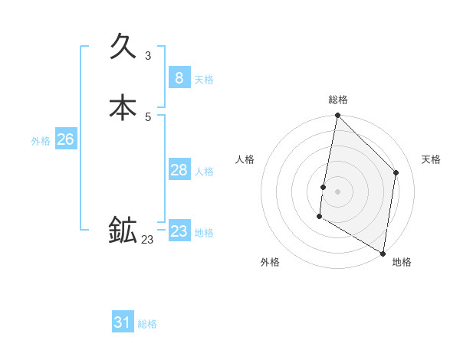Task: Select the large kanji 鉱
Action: (x=123, y=231)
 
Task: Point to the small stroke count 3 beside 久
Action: (x=148, y=56)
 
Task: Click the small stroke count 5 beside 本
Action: (x=148, y=117)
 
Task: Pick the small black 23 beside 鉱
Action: (x=147, y=240)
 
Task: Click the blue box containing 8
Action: (x=179, y=77)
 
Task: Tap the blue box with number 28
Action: (x=179, y=169)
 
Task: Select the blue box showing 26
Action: (x=65, y=139)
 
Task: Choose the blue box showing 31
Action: (x=123, y=322)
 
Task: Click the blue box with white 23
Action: (x=179, y=231)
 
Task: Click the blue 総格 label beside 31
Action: (x=147, y=324)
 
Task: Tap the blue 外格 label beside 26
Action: (x=41, y=141)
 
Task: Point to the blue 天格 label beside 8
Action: (x=204, y=80)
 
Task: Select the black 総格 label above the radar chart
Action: (x=338, y=100)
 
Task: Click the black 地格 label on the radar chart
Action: (x=402, y=262)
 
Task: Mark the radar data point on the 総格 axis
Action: (x=338, y=116)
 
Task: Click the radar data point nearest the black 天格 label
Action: (x=396, y=172)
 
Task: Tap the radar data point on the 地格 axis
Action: (x=383, y=254)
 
